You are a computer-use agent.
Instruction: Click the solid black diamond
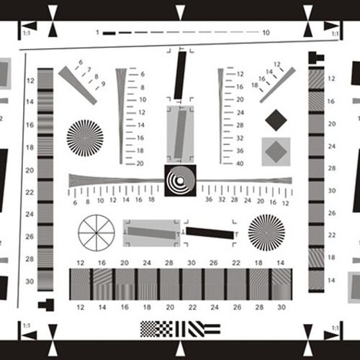click(276, 120)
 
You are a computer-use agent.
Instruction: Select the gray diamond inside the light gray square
click(276, 152)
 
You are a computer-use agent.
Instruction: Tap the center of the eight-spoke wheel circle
click(96, 233)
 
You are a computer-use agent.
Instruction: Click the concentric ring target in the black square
click(180, 180)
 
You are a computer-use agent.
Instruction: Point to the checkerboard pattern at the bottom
click(148, 329)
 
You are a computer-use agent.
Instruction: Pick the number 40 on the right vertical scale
click(240, 163)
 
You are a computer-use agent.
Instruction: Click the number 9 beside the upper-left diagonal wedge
click(103, 84)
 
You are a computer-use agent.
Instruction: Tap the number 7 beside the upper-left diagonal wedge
click(89, 70)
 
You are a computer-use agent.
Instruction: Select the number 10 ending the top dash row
click(266, 32)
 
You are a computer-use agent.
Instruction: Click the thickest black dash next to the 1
click(109, 33)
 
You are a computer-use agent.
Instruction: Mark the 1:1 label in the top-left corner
click(27, 33)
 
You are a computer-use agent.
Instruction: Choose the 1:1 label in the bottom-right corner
click(336, 328)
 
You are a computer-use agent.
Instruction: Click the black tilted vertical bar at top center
click(180, 76)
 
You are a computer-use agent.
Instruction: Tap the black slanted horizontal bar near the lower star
click(210, 233)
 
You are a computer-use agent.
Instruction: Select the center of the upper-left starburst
click(85, 138)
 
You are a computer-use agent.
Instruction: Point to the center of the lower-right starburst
click(266, 233)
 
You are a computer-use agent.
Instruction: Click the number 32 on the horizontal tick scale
click(222, 199)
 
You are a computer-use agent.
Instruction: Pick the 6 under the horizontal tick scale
click(75, 203)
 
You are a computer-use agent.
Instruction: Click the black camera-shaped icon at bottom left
click(46, 305)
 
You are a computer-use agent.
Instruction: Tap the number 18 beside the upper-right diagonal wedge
click(255, 85)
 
